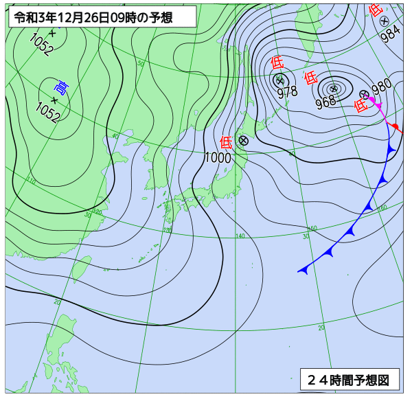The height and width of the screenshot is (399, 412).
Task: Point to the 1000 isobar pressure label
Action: (x=218, y=157)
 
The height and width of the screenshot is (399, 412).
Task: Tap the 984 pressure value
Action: (x=390, y=34)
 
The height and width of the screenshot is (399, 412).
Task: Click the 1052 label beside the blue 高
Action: (x=48, y=110)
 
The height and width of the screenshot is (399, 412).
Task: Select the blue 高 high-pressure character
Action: (x=61, y=87)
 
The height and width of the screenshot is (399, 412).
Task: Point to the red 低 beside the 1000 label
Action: (x=226, y=142)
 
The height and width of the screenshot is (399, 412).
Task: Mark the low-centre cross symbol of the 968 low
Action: (x=334, y=88)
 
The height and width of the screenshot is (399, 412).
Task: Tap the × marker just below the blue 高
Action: (x=54, y=99)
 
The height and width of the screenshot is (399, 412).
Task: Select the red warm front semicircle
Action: (x=395, y=128)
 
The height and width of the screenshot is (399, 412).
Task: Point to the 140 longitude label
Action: (x=240, y=236)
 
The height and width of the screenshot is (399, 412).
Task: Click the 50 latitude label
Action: (x=141, y=63)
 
